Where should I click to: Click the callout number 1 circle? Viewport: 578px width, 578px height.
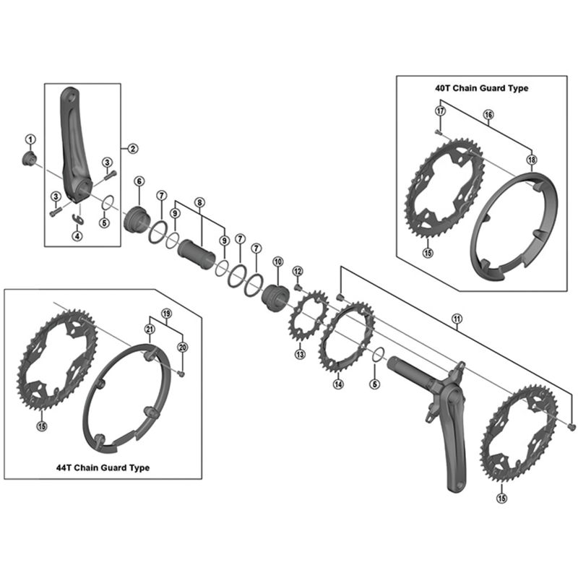tap(30, 139)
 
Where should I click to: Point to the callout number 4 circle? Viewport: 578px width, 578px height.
tap(77, 236)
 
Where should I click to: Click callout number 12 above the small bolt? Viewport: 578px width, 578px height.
tap(298, 270)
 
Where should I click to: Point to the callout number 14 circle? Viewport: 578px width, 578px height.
tap(337, 384)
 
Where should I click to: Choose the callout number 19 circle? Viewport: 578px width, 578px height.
tap(166, 314)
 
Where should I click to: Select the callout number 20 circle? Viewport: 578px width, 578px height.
tap(182, 347)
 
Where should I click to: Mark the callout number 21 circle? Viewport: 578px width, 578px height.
tap(150, 329)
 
